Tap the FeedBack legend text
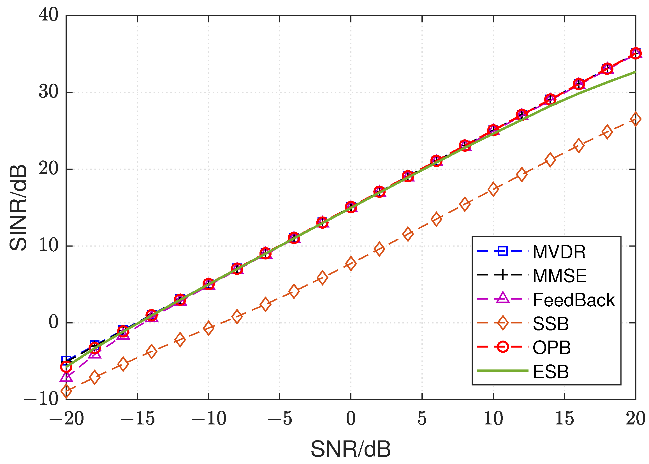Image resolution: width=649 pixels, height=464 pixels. click(573, 300)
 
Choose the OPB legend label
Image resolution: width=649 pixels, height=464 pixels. click(551, 348)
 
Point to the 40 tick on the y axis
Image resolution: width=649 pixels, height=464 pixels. click(48, 15)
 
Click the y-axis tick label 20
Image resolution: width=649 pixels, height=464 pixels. click(48, 169)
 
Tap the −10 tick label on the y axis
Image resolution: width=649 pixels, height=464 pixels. click(41, 399)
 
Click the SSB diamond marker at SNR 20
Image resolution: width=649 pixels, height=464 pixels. click(636, 119)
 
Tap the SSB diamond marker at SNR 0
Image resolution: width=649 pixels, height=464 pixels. click(351, 263)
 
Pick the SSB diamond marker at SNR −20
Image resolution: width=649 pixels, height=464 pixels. click(66, 391)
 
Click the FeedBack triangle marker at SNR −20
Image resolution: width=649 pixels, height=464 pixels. click(66, 377)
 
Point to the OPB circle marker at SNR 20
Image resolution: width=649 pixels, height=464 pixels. click(636, 53)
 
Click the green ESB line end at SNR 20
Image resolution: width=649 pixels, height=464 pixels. click(635, 72)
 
